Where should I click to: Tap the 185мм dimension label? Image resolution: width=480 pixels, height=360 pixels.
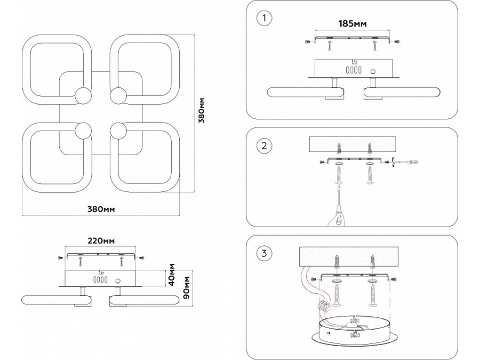(x=353, y=23)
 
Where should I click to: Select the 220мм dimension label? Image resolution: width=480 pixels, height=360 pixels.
(x=101, y=241)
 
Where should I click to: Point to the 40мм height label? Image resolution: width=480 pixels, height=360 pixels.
(x=172, y=274)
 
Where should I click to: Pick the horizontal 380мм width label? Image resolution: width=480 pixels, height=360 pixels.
(x=102, y=209)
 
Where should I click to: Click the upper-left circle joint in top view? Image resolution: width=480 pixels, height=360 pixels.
(x=83, y=96)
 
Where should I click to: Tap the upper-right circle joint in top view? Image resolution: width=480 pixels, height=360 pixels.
(x=118, y=96)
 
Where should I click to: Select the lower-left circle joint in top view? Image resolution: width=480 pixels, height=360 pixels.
(x=83, y=130)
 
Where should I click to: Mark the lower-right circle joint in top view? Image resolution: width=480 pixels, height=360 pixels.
(x=118, y=130)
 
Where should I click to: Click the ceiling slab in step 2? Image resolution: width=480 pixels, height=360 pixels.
(x=353, y=145)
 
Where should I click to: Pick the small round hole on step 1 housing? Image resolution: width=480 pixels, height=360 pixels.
(x=373, y=70)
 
